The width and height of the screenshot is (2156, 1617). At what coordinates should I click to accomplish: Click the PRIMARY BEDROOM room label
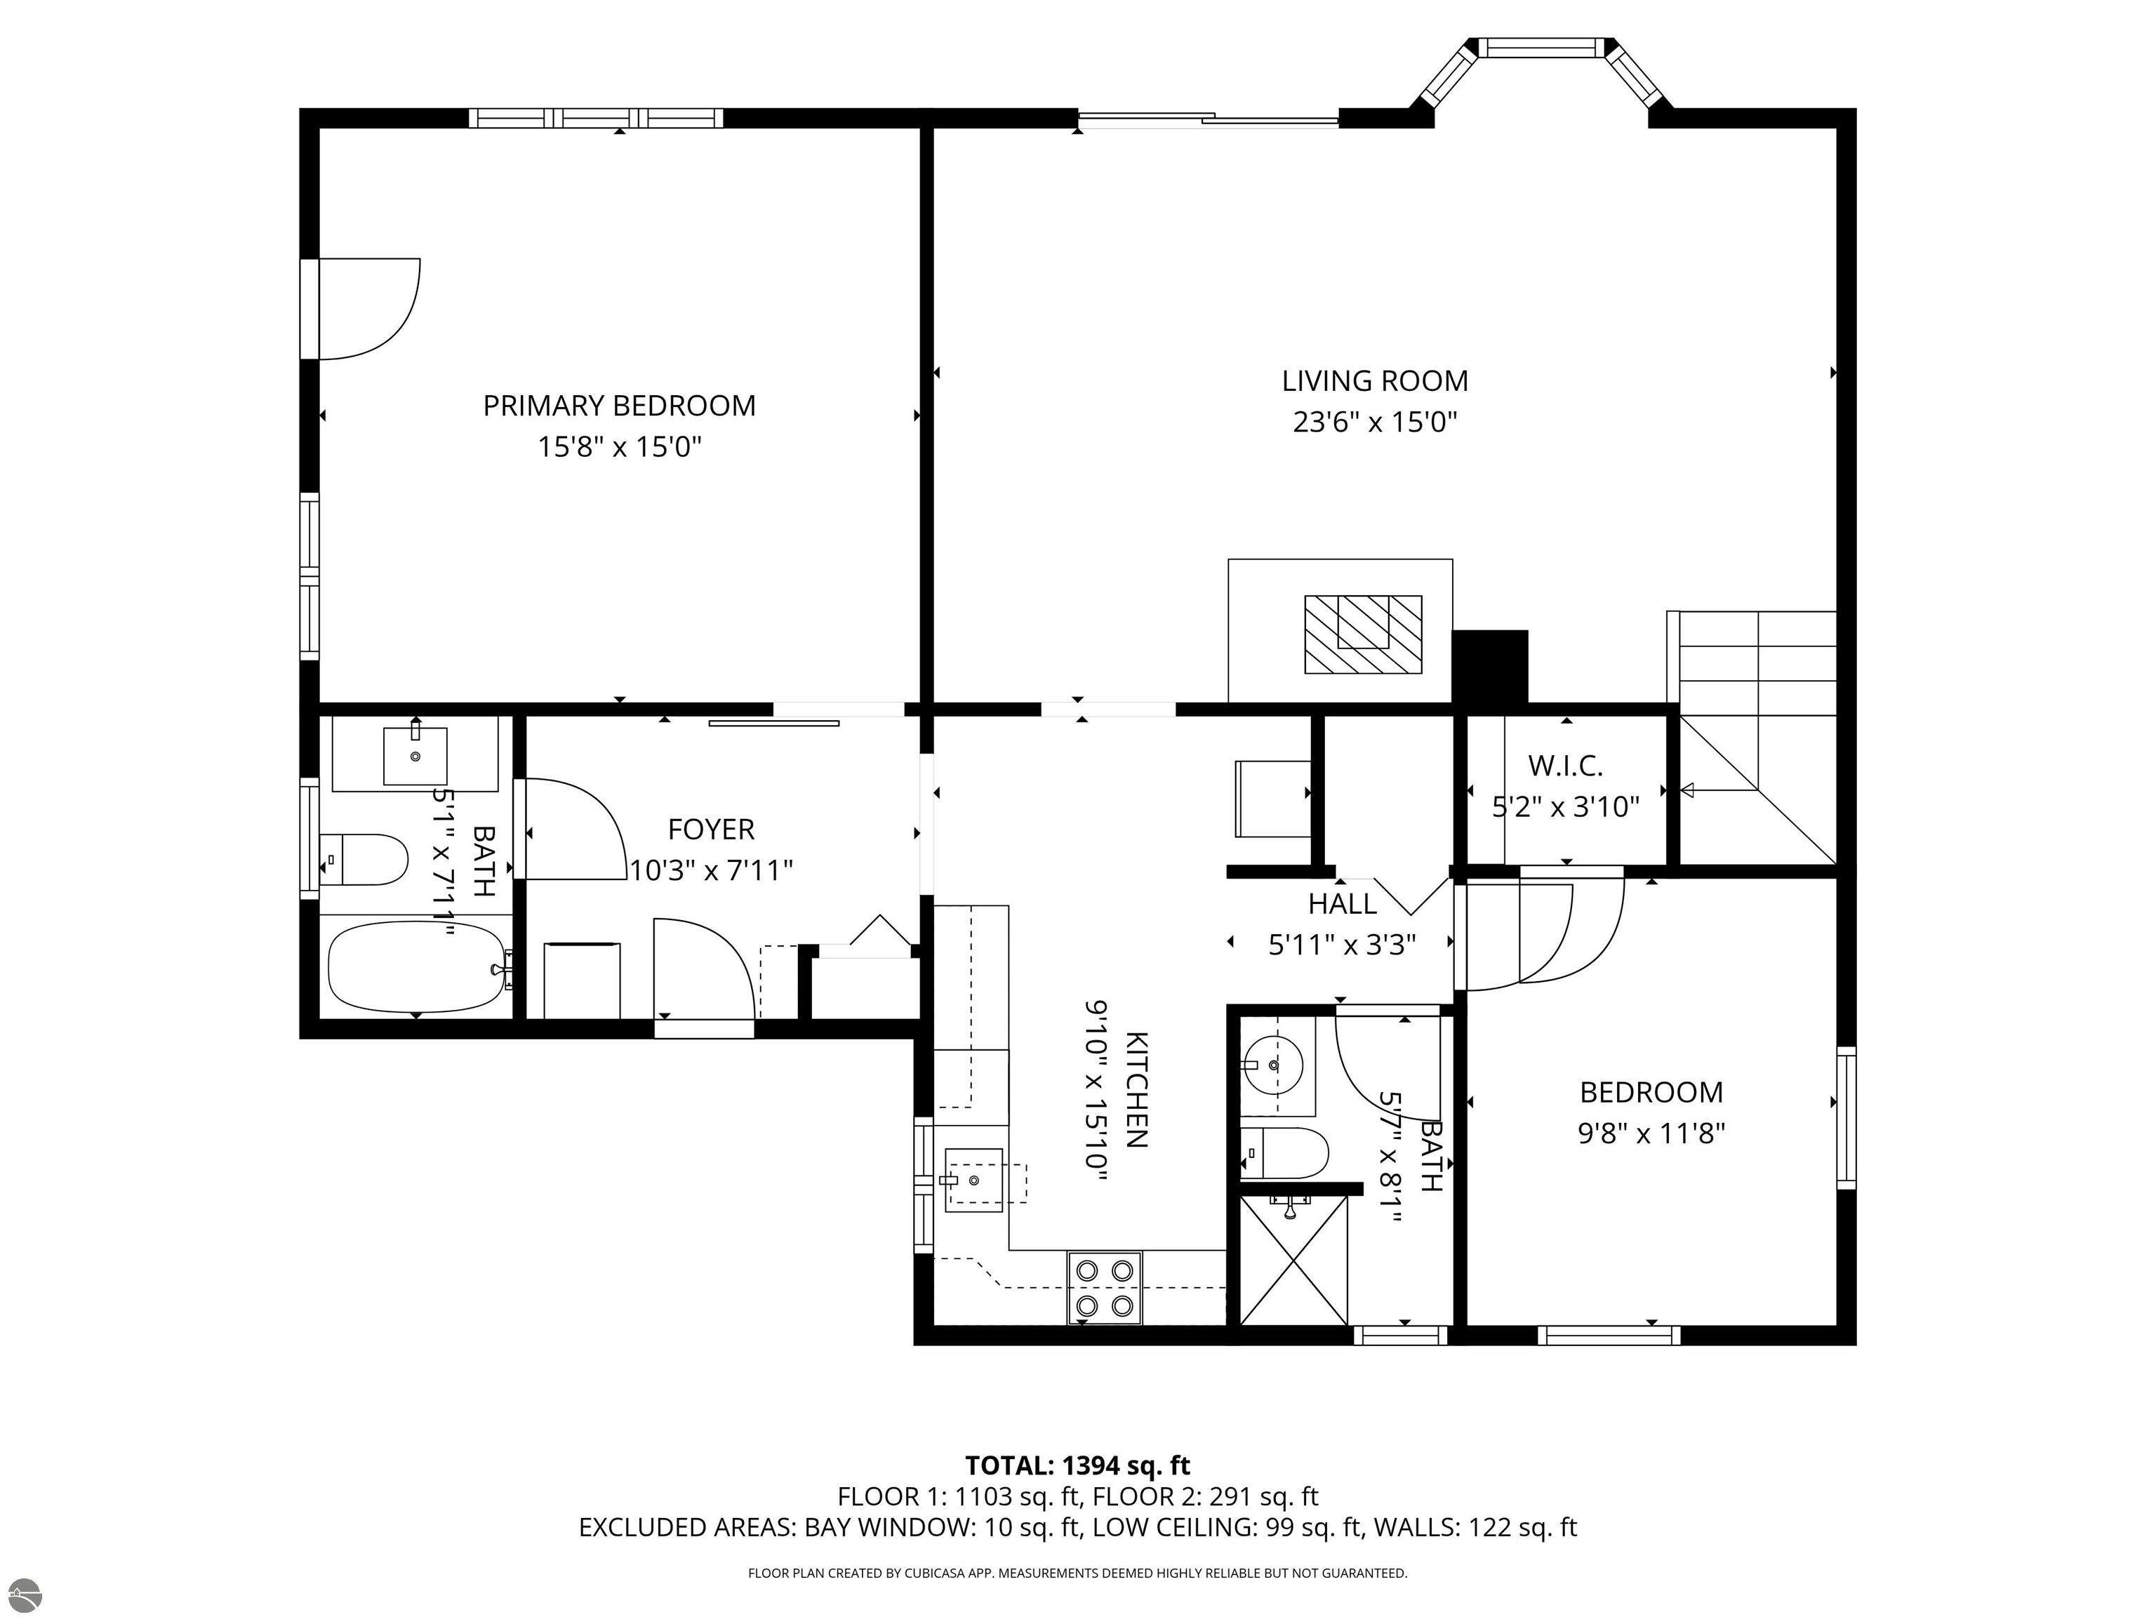(619, 406)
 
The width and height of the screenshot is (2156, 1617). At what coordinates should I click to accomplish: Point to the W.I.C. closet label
(1565, 766)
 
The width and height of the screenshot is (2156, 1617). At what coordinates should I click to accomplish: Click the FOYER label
(712, 830)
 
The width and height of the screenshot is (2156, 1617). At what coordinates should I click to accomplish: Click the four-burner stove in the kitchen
(1105, 1288)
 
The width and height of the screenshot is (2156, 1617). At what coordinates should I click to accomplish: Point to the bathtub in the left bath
(416, 968)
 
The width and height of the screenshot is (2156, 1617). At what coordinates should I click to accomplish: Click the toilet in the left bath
(364, 860)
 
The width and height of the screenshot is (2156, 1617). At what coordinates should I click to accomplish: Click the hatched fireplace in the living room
(1363, 634)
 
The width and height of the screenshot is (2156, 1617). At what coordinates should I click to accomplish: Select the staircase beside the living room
(1752, 737)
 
